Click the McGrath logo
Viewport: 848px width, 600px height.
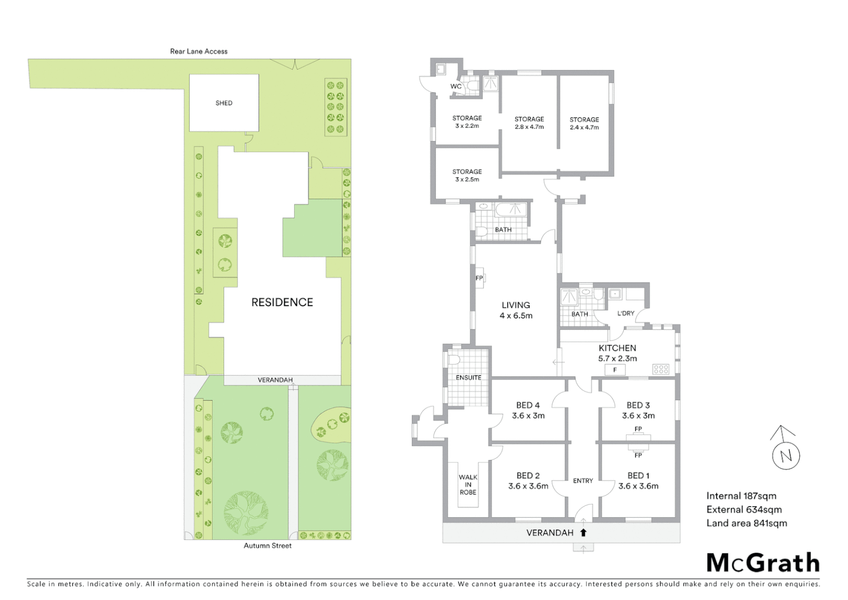click(763, 563)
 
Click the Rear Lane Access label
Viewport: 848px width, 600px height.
click(199, 51)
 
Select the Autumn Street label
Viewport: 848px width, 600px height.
click(267, 546)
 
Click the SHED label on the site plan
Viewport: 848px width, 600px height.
click(224, 103)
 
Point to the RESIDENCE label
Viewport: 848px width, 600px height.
click(282, 302)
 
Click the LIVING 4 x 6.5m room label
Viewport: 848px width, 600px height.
click(516, 310)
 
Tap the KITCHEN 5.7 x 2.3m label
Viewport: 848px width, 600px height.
click(617, 353)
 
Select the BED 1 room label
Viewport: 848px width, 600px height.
click(638, 481)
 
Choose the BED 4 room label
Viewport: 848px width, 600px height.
click(528, 410)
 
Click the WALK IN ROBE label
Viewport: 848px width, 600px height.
click(468, 484)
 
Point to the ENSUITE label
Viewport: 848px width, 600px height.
click(468, 378)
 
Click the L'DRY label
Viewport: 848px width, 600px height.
click(625, 313)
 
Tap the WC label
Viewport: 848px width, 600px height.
click(456, 87)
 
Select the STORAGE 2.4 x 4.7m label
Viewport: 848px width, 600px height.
click(584, 123)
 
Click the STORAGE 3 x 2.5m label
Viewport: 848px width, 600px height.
click(467, 176)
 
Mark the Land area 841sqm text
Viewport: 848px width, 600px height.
click(746, 523)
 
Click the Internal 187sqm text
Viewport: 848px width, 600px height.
click(741, 496)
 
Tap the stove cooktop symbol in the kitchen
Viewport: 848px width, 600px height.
click(661, 368)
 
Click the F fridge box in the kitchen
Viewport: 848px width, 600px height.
click(615, 370)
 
